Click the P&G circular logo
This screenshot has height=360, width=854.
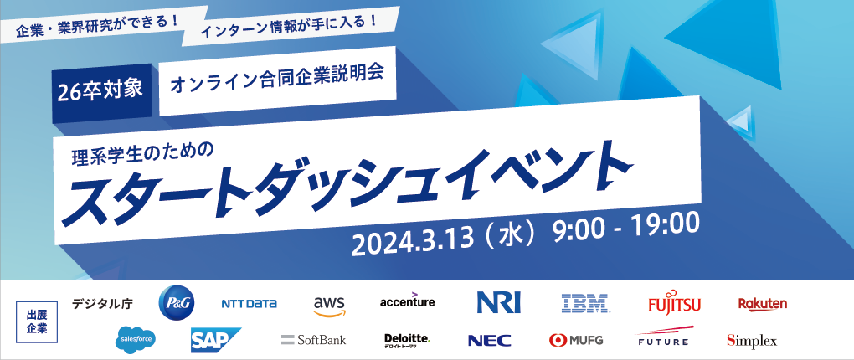click(177, 303)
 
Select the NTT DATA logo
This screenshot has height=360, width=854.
click(249, 304)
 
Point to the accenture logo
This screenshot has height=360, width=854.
click(408, 300)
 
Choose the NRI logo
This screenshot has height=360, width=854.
click(498, 303)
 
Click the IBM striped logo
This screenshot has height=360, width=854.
click(585, 303)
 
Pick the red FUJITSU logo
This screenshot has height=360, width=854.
click(674, 302)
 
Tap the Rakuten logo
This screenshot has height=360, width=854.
click(763, 303)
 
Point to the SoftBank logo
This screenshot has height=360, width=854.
click(314, 340)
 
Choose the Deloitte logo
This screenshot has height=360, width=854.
click(408, 341)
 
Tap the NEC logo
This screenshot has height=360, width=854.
click(490, 341)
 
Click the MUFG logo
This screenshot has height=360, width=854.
click(576, 340)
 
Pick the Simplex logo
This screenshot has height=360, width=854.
click(752, 341)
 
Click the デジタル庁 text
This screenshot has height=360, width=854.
click(102, 303)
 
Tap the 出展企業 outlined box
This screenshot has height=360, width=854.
click(37, 321)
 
